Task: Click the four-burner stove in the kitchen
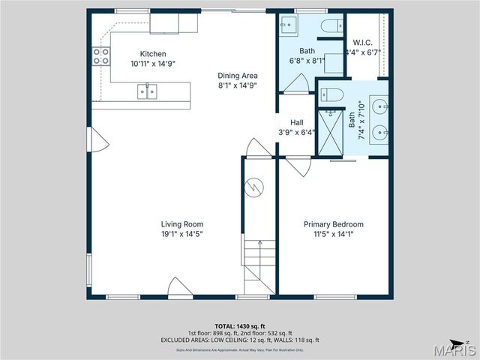[100, 55]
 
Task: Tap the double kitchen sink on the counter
[147, 91]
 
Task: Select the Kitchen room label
[152, 54]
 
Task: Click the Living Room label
[182, 224]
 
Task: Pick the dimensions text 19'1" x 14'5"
[182, 234]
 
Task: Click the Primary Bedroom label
[333, 224]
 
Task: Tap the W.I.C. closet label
[363, 42]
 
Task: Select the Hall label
[297, 122]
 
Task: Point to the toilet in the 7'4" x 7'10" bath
[331, 94]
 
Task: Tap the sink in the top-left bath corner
[288, 25]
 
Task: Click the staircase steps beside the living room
[259, 266]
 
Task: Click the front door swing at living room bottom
[180, 287]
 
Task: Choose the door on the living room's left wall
[103, 142]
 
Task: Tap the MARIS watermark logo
[457, 349]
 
